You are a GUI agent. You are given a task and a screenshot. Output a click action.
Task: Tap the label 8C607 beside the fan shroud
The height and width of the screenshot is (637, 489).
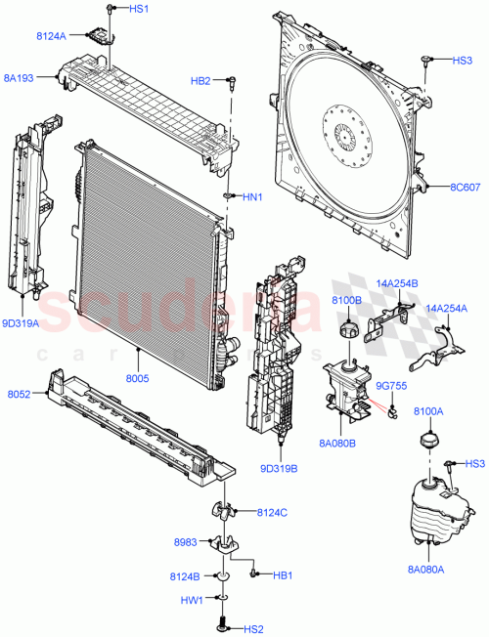(466, 188)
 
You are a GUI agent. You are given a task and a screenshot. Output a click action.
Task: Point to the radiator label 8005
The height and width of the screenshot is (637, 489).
(140, 372)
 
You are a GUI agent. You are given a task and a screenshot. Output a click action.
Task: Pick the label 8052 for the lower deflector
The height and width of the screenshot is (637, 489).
(21, 394)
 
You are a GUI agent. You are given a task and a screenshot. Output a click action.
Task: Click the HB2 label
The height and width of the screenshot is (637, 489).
(200, 80)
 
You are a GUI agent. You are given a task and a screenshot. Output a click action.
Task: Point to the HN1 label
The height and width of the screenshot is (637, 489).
(253, 197)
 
